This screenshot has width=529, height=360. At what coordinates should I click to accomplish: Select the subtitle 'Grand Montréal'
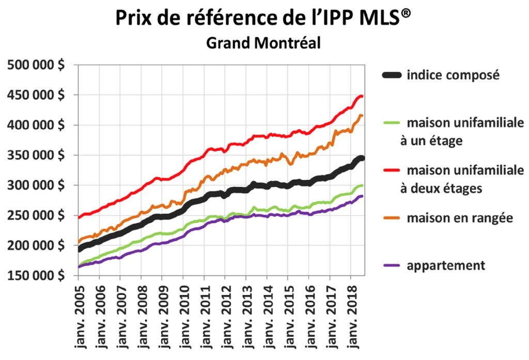(x=263, y=43)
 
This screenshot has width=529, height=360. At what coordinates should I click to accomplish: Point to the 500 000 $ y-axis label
(x=36, y=66)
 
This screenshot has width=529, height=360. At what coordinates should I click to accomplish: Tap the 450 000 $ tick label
(x=36, y=96)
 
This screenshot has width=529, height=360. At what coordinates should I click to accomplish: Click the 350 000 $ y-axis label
(x=36, y=155)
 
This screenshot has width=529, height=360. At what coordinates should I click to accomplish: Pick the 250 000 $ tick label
(x=36, y=215)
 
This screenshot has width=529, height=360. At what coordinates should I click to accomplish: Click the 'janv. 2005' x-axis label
(x=79, y=318)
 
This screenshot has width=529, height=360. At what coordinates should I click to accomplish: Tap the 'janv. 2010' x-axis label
(x=183, y=318)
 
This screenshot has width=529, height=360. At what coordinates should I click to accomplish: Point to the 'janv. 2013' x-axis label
(x=246, y=318)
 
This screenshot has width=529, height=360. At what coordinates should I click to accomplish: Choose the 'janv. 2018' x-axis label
(x=351, y=318)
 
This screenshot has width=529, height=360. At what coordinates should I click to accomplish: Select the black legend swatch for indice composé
(x=392, y=75)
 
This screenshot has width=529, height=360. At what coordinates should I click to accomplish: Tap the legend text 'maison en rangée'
(x=459, y=218)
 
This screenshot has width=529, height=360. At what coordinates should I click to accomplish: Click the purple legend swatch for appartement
(x=392, y=265)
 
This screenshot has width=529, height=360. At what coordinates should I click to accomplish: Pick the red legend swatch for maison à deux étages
(x=392, y=170)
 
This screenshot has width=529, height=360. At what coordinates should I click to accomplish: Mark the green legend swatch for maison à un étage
(x=392, y=123)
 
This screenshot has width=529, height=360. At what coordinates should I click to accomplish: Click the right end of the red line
(x=362, y=97)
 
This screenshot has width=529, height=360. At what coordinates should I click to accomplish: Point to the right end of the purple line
(x=362, y=196)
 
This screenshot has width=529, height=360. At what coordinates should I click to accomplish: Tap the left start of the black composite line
(x=80, y=249)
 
